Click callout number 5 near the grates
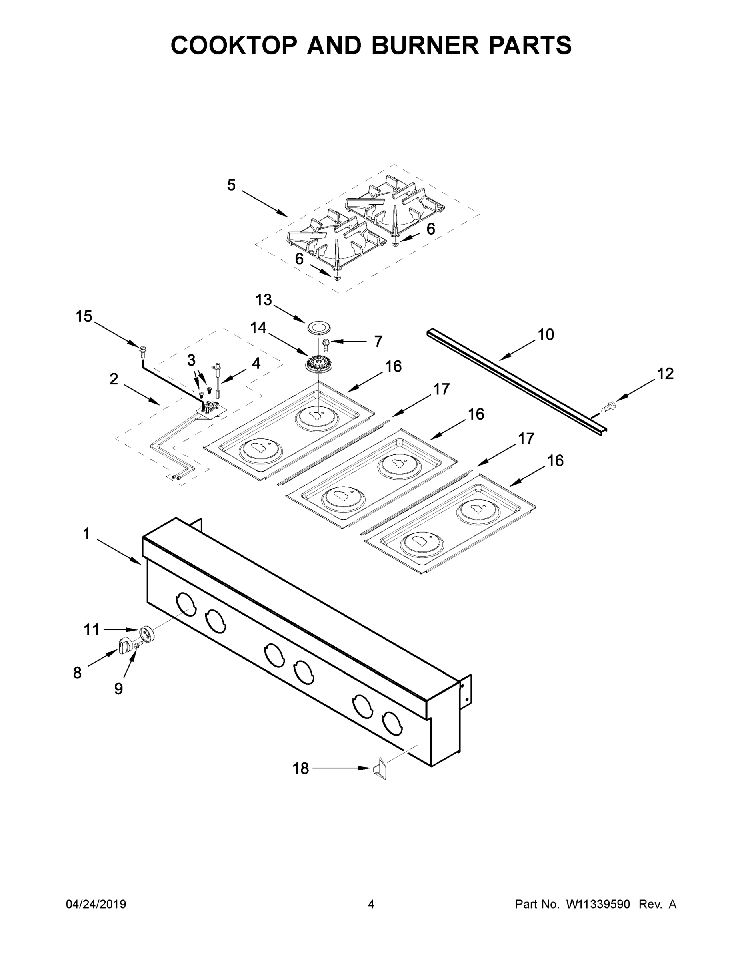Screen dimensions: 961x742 231,185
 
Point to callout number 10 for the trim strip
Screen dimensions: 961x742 546,334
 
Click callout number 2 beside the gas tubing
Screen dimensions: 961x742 114,379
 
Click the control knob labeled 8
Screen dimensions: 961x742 125,646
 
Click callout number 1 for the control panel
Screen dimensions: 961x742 86,534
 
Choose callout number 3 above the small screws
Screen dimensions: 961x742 191,360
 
